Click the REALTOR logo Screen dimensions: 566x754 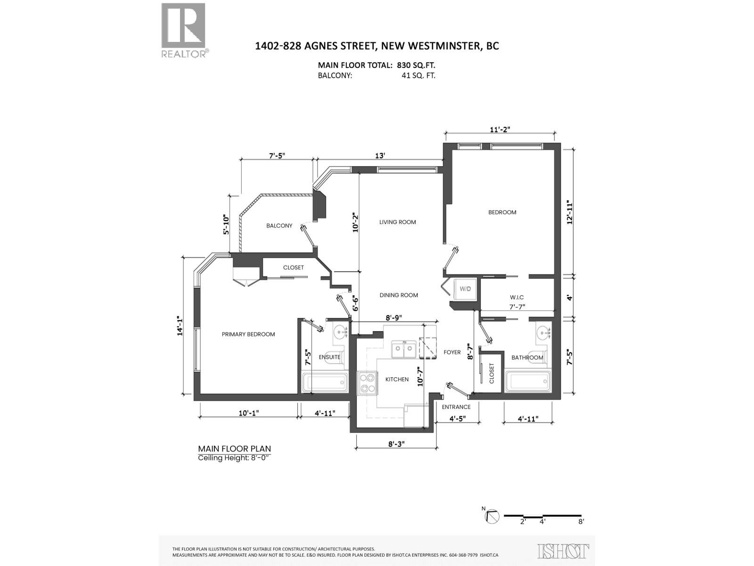[x=184, y=30]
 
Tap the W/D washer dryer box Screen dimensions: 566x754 [x=465, y=289]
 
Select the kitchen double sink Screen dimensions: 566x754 [x=404, y=350]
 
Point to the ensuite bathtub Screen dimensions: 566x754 [x=325, y=383]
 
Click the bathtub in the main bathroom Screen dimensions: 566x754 [x=528, y=382]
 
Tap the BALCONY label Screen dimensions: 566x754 [x=279, y=226]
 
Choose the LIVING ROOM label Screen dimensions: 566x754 [x=398, y=222]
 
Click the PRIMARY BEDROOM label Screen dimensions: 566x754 [x=248, y=334]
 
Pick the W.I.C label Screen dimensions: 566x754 [x=516, y=298]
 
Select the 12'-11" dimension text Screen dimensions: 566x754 [x=570, y=212]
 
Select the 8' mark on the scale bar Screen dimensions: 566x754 [x=581, y=522]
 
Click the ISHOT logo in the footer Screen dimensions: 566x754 [x=563, y=551]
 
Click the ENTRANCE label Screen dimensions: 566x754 [x=456, y=407]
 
